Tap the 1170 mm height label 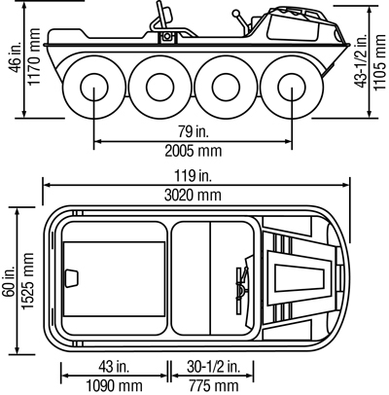(x=34, y=56)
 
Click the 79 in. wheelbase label (x=194, y=131)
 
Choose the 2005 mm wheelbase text (x=194, y=151)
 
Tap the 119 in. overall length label (x=194, y=176)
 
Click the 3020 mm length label (x=193, y=196)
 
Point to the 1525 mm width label (x=27, y=281)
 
